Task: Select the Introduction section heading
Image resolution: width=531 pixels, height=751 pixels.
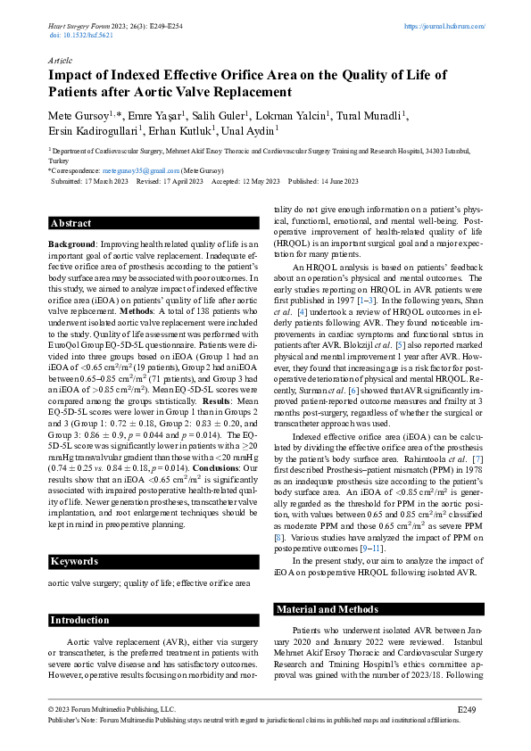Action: coord(79,619)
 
